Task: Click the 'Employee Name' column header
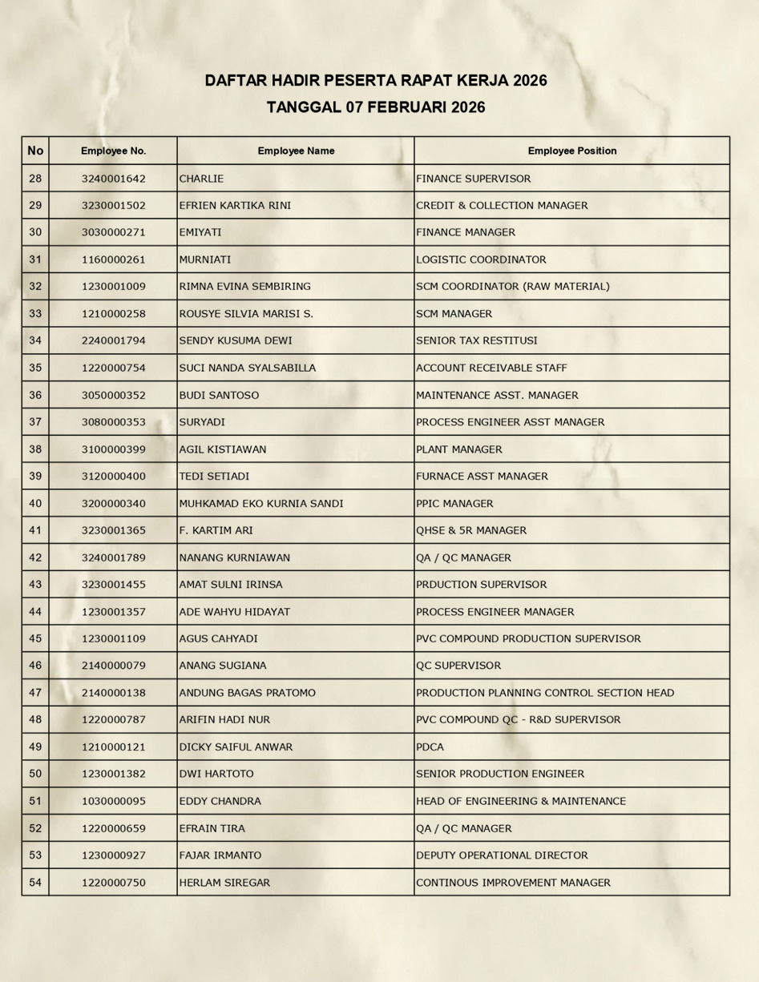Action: click(x=296, y=151)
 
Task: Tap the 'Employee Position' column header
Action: click(x=571, y=151)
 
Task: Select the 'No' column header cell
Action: click(x=35, y=151)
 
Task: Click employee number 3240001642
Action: click(x=113, y=179)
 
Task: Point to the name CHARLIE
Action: click(x=201, y=179)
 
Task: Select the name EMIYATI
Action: click(x=200, y=232)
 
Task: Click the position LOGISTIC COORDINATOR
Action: click(x=481, y=260)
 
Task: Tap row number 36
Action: click(x=35, y=395)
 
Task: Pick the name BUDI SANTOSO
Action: click(x=219, y=395)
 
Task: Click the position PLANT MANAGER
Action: click(x=459, y=449)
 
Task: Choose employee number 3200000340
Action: click(x=113, y=504)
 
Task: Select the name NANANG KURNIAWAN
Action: click(x=235, y=557)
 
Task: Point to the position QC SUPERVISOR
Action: click(x=458, y=666)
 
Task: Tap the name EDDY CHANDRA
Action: click(x=220, y=801)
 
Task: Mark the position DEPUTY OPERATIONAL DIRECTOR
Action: click(x=502, y=855)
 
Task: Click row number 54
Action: click(x=35, y=883)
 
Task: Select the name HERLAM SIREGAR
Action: click(x=224, y=883)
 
